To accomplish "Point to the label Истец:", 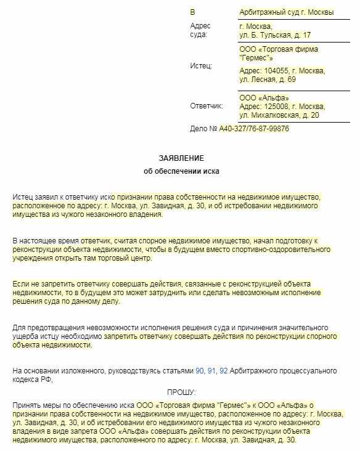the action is pos(201,65).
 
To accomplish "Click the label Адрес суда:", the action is pos(200,30).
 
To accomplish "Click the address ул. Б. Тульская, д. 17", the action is pos(275,35).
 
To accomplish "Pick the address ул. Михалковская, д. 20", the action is pos(279,115).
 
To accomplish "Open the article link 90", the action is pos(199,371).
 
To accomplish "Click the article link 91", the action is pos(211,371).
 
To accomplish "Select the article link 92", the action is pos(224,371).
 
